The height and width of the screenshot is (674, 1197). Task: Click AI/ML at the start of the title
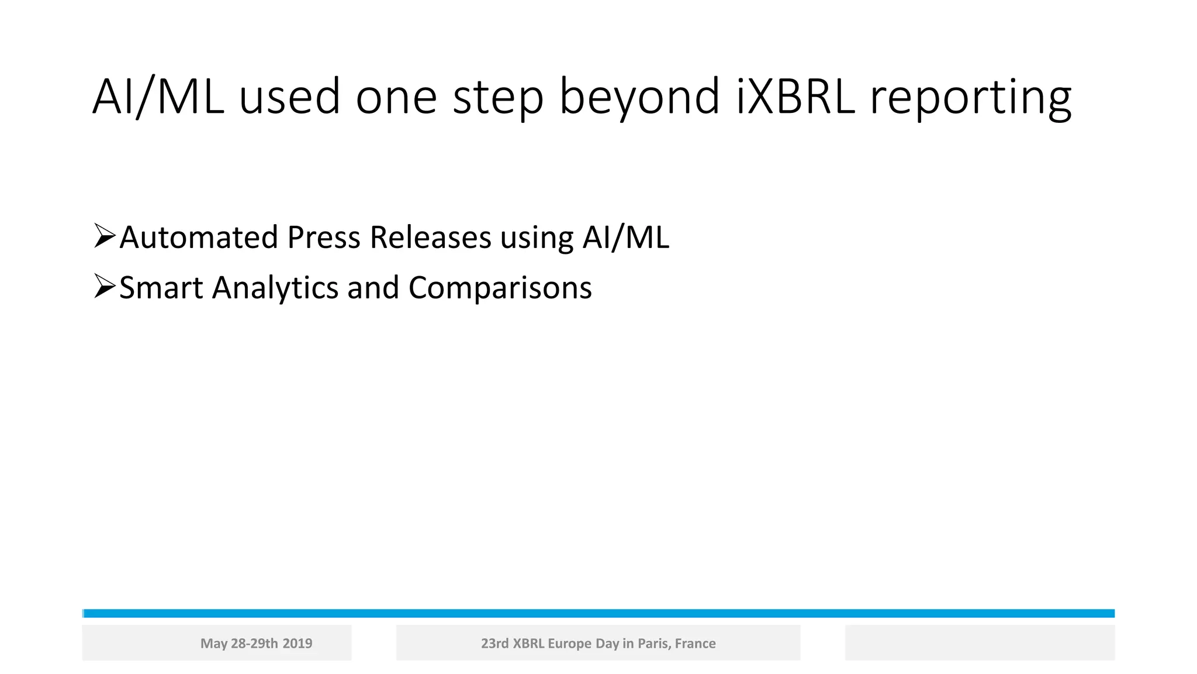(x=158, y=97)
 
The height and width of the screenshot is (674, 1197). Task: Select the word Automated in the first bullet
(x=199, y=238)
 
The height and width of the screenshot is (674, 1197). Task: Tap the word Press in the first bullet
(x=323, y=238)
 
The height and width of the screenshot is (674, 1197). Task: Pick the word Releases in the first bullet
(x=430, y=238)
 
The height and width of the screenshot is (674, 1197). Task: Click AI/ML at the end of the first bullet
(x=625, y=238)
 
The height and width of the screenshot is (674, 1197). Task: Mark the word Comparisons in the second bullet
(x=500, y=288)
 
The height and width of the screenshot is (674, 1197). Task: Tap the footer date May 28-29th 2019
(x=256, y=644)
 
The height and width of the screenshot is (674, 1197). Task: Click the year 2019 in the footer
(x=297, y=644)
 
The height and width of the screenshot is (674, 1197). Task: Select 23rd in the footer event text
(x=494, y=644)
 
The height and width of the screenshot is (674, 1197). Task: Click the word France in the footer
(x=695, y=644)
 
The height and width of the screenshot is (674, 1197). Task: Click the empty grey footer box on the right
(x=980, y=642)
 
